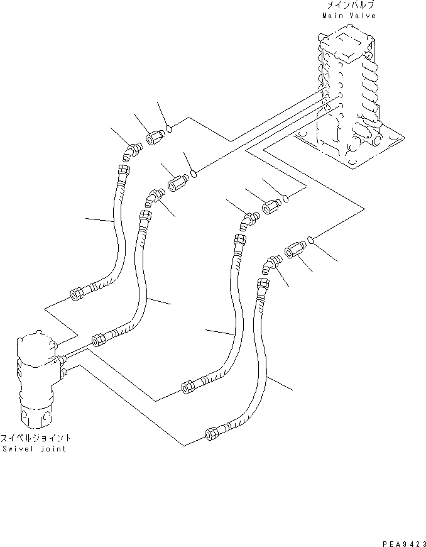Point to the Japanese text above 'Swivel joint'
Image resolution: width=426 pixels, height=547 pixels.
35,438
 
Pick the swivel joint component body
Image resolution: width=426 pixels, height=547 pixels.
36,377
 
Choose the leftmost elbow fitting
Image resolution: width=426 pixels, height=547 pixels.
131,152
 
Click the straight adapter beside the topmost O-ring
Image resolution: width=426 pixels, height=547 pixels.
154,136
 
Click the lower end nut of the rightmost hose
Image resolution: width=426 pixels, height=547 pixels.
210,432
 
